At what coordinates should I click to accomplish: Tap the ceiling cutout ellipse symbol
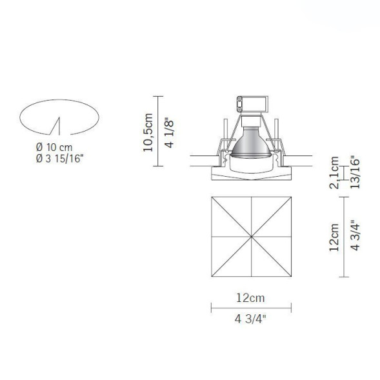(x=59, y=117)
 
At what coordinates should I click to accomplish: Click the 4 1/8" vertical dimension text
(x=170, y=132)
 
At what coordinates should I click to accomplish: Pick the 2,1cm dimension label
(x=334, y=173)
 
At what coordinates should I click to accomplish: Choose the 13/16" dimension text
(x=353, y=171)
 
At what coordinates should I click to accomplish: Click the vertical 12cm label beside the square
(x=334, y=237)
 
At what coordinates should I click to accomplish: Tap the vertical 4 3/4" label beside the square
(x=353, y=237)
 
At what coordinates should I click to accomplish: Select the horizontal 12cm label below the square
(x=250, y=297)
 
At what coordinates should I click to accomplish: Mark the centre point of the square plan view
(x=250, y=237)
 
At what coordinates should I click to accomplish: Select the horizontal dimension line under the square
(x=250, y=307)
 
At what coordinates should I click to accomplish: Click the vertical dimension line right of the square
(x=343, y=237)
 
